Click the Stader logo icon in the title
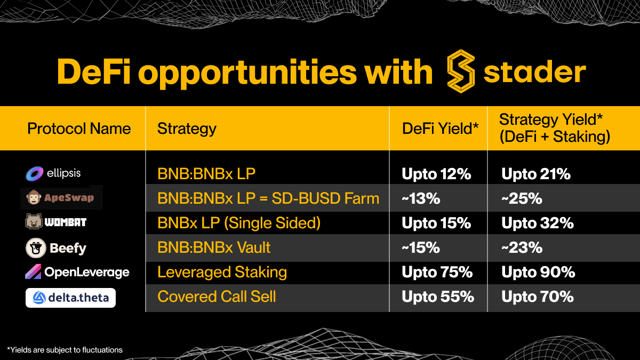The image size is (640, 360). point(461,71)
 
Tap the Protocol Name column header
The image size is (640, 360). point(79,129)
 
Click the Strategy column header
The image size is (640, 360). point(187,129)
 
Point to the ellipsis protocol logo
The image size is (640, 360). point(35,173)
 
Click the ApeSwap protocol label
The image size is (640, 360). point(61,198)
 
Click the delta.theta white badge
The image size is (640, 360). point(70,298)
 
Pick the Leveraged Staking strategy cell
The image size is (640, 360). point(222,273)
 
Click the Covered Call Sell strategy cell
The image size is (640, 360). point(217,297)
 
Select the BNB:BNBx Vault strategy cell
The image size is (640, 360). point(214,247)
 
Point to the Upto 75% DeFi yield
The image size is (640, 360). point(437,273)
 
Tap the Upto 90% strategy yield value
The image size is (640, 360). point(538,273)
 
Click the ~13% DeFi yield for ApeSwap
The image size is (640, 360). point(421,198)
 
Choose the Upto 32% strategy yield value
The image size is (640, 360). point(538,223)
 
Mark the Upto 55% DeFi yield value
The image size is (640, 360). point(438,297)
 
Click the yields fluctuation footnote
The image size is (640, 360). point(65,350)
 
